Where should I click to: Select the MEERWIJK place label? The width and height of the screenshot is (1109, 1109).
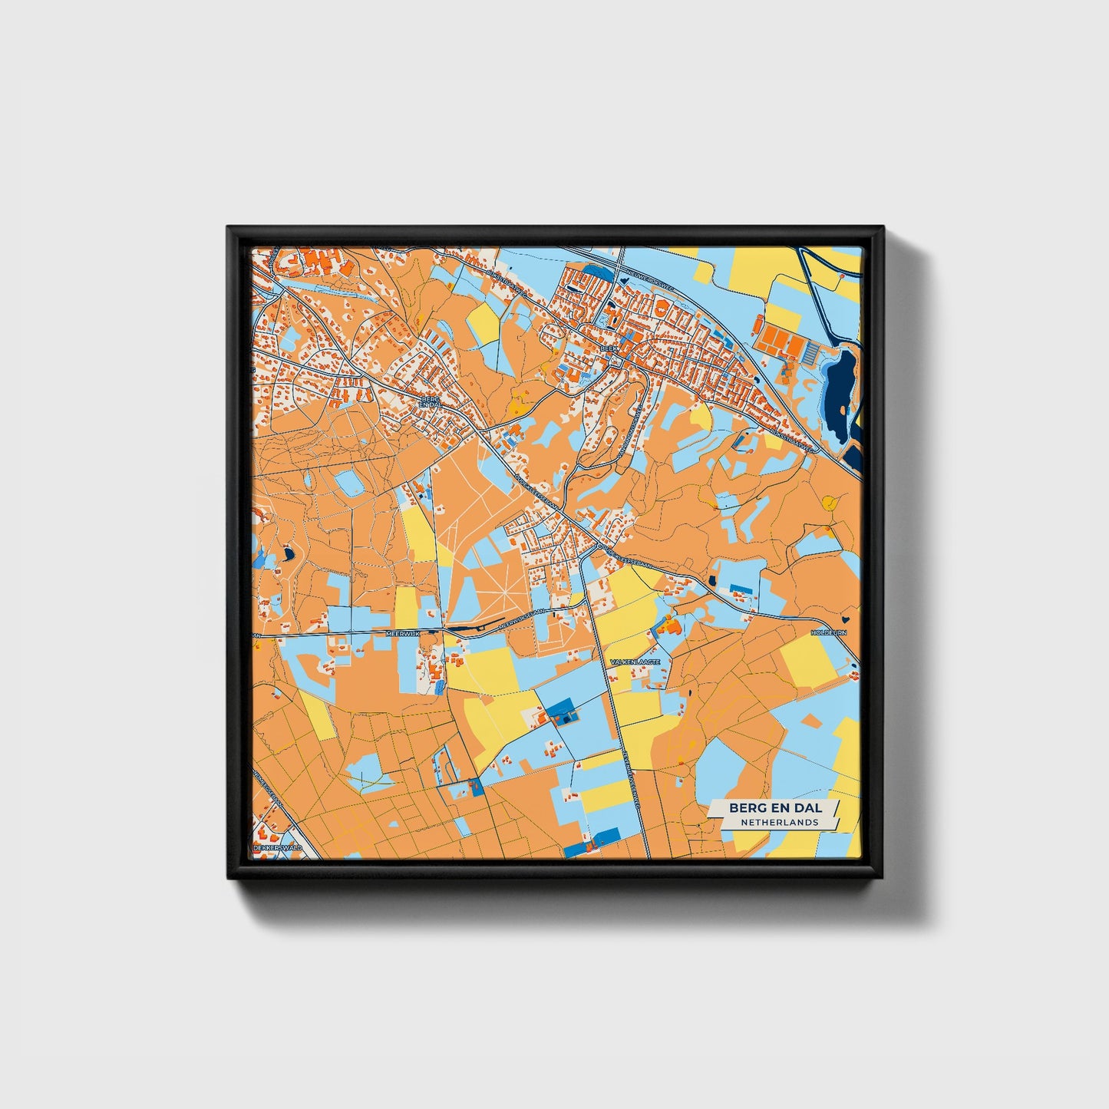pyautogui.click(x=403, y=633)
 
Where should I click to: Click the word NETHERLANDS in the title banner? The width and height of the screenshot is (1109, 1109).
pyautogui.click(x=779, y=822)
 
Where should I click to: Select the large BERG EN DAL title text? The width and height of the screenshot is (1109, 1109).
pyautogui.click(x=775, y=807)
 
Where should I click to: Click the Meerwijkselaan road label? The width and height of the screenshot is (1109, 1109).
pyautogui.click(x=522, y=619)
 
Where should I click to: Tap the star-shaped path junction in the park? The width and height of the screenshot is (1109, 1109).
pyautogui.click(x=503, y=595)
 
